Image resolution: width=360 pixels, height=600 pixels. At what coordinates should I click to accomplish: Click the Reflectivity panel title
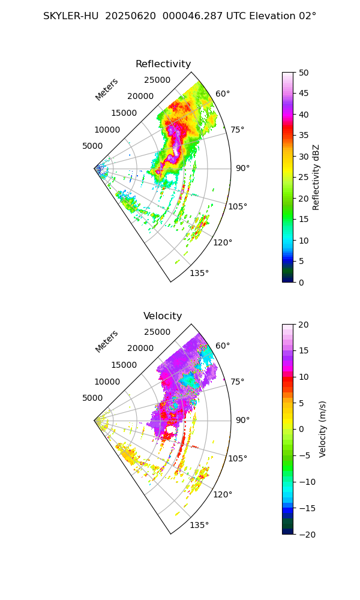[x=163, y=64]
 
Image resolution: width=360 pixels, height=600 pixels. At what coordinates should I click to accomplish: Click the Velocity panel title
[x=163, y=316]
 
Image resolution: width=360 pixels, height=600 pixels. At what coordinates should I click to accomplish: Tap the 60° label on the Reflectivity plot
[x=223, y=94]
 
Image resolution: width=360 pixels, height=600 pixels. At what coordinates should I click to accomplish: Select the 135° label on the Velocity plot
[x=199, y=525]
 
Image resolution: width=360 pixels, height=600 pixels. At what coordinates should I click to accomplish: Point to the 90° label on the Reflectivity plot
[x=242, y=168]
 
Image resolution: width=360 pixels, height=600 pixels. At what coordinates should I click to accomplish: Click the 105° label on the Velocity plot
[x=238, y=458]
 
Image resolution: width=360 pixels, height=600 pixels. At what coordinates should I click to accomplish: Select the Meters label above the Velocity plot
[x=107, y=341]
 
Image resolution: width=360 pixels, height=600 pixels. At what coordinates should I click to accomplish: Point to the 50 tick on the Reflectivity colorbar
[x=304, y=73]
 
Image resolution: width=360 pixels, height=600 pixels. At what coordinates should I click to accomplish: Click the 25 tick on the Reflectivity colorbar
[x=304, y=178]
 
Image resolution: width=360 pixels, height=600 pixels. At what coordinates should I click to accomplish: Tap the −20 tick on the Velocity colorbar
[x=307, y=534]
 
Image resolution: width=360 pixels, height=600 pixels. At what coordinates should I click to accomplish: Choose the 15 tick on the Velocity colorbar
[x=304, y=350]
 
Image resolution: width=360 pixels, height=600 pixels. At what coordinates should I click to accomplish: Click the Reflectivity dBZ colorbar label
[x=316, y=177]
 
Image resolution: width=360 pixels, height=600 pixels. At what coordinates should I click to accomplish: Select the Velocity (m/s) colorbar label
[x=323, y=429]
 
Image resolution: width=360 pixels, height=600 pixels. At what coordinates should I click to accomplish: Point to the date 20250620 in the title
[x=129, y=16]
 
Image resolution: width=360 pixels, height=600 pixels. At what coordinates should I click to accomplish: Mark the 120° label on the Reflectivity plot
[x=223, y=242]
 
